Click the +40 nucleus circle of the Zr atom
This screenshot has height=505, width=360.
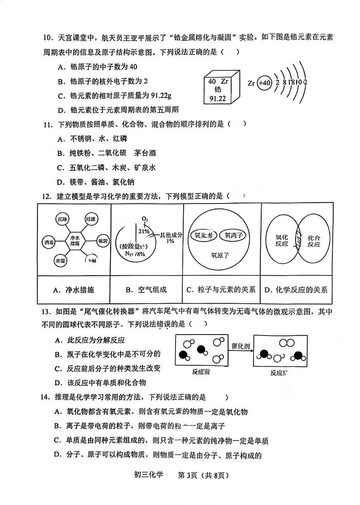click(264, 83)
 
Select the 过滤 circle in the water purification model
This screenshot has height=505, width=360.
click(92, 219)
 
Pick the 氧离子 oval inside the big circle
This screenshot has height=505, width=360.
click(233, 235)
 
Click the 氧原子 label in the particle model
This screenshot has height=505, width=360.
click(220, 255)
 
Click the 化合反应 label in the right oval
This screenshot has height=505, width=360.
click(313, 241)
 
